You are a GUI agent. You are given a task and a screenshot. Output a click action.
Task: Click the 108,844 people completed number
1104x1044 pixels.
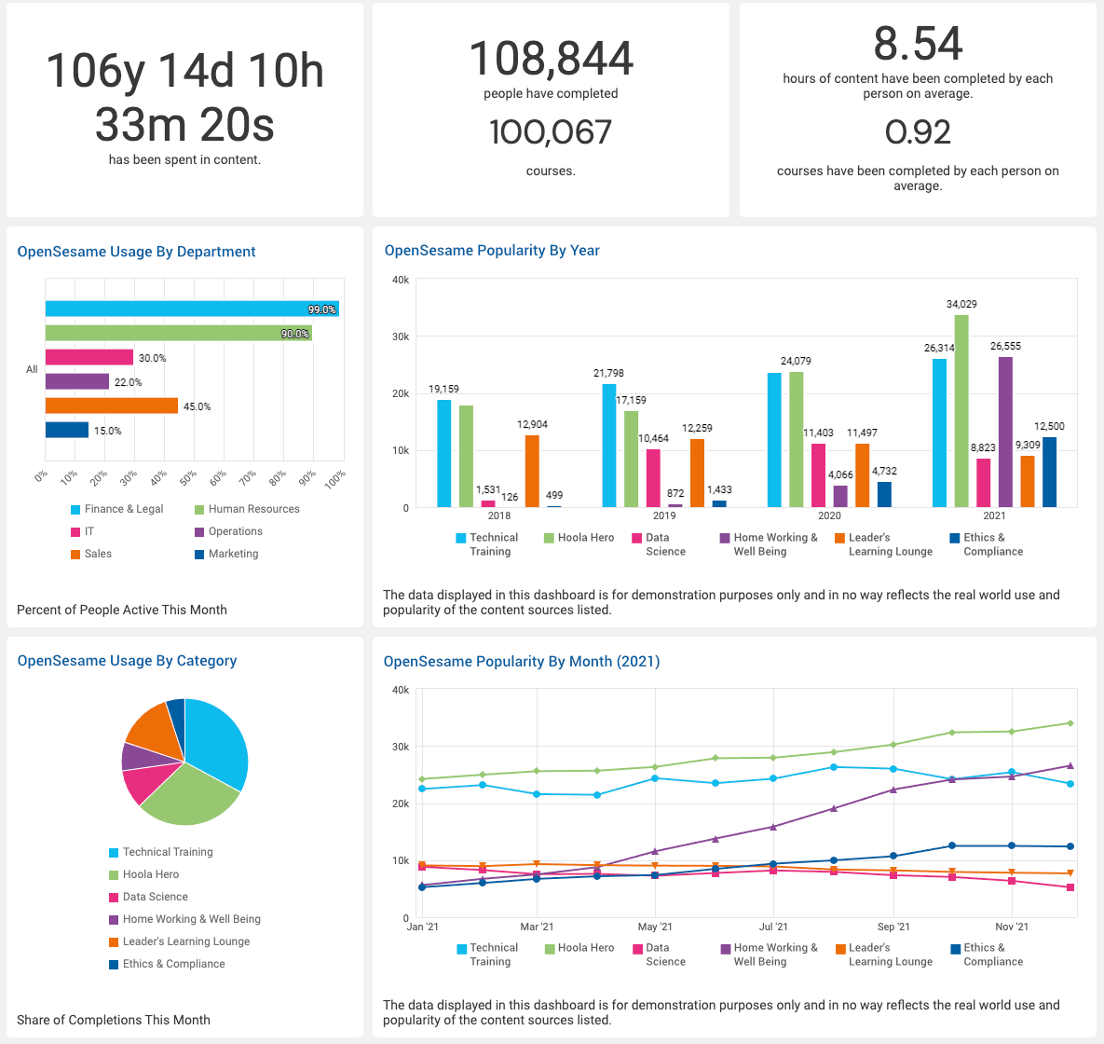[551, 59]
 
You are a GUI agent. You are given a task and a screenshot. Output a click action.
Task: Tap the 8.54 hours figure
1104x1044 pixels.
[918, 44]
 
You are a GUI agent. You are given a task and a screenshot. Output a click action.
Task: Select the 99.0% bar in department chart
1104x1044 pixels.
[192, 309]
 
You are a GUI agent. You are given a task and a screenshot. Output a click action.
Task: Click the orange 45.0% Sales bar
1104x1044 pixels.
[112, 405]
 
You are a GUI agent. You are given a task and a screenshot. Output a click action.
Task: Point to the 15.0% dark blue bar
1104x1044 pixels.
[67, 430]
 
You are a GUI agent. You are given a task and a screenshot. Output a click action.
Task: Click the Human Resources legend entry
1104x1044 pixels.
[253, 509]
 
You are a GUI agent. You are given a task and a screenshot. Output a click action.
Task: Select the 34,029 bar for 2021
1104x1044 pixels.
[961, 410]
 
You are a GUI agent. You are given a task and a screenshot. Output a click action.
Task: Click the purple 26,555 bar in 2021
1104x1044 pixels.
[1005, 432]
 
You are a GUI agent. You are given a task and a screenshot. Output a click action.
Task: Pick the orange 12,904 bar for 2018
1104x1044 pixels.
[532, 471]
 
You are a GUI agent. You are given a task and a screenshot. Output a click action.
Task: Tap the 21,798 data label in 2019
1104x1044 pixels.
[608, 373]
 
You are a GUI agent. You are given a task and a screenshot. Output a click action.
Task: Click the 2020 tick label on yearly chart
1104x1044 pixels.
[829, 515]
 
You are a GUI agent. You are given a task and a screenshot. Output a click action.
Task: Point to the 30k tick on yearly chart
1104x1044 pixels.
[400, 337]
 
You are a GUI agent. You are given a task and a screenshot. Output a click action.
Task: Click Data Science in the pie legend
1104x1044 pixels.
[155, 897]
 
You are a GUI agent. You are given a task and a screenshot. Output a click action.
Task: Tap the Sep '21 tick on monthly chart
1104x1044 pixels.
[893, 927]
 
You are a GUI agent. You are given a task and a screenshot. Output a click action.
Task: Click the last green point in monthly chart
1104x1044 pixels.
[1070, 723]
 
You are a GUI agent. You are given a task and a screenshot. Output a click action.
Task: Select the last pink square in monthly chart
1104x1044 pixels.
[1070, 887]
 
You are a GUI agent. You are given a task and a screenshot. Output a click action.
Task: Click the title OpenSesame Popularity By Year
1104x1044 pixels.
[492, 250]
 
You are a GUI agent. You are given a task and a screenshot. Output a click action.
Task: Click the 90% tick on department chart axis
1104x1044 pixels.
[307, 477]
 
